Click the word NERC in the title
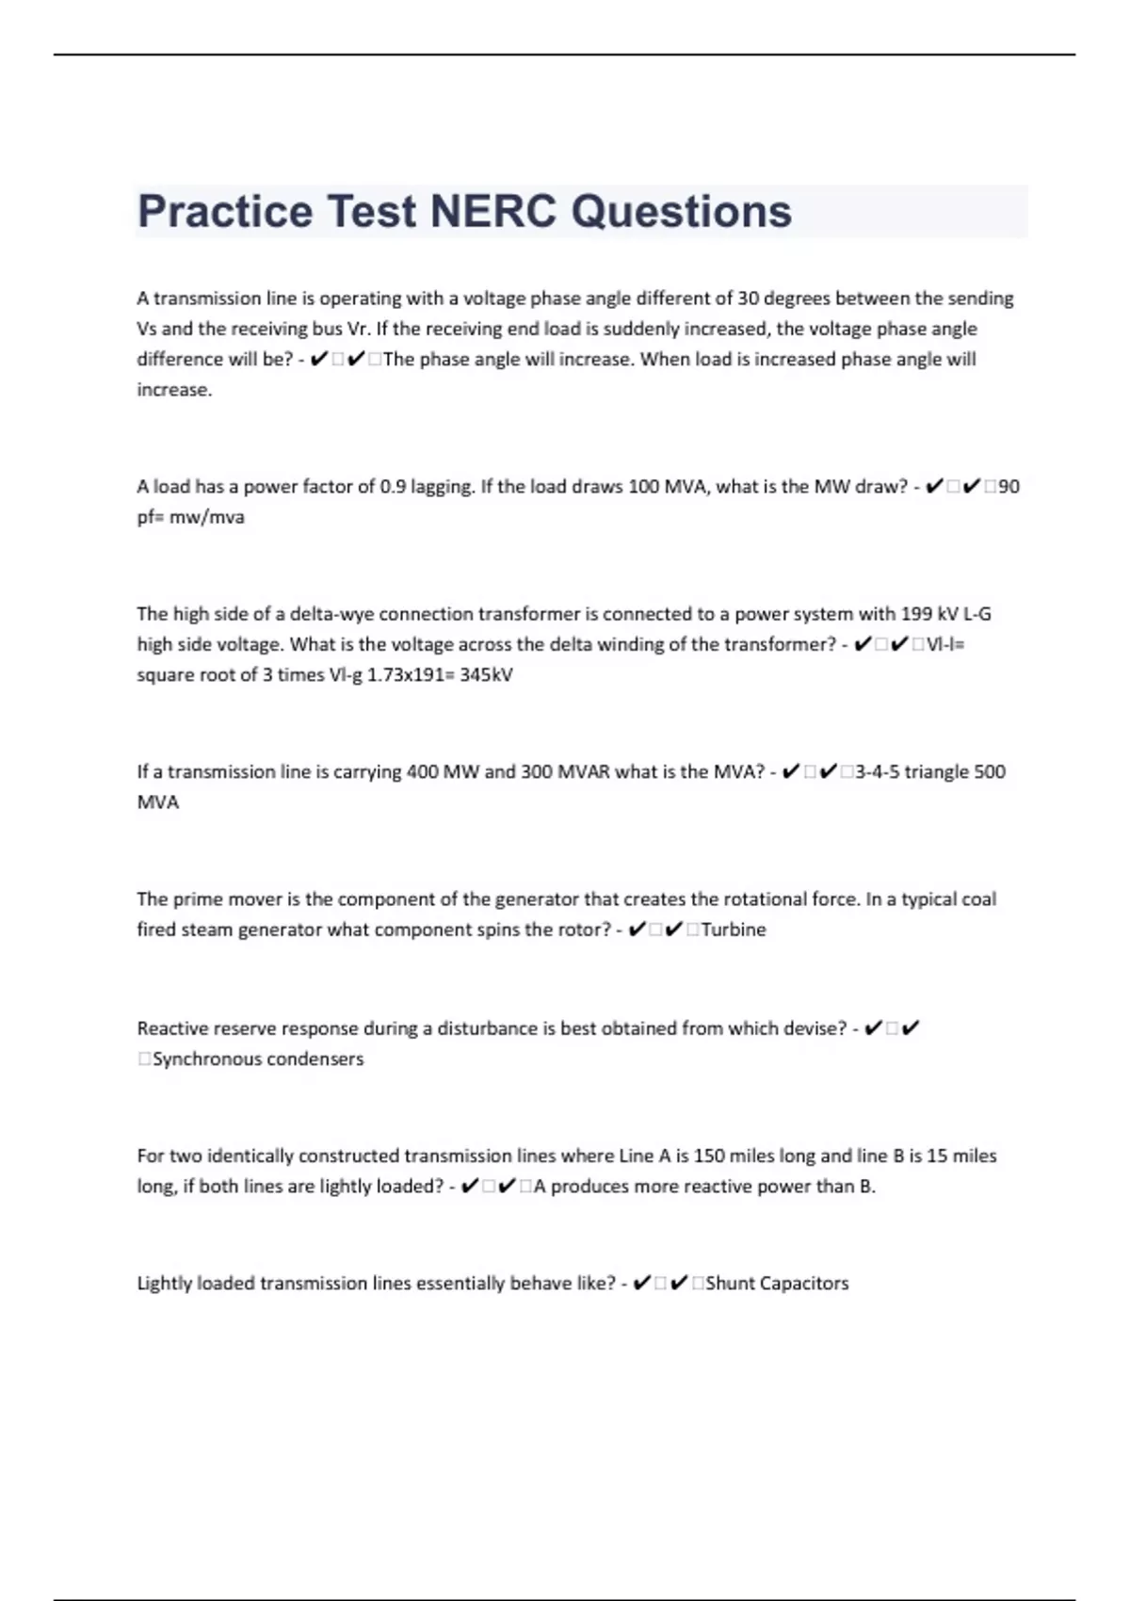492,211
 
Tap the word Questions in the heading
682,211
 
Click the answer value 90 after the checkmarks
1009,487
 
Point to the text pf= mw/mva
190,517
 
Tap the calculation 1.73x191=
411,675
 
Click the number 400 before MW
422,772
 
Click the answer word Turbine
734,930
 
